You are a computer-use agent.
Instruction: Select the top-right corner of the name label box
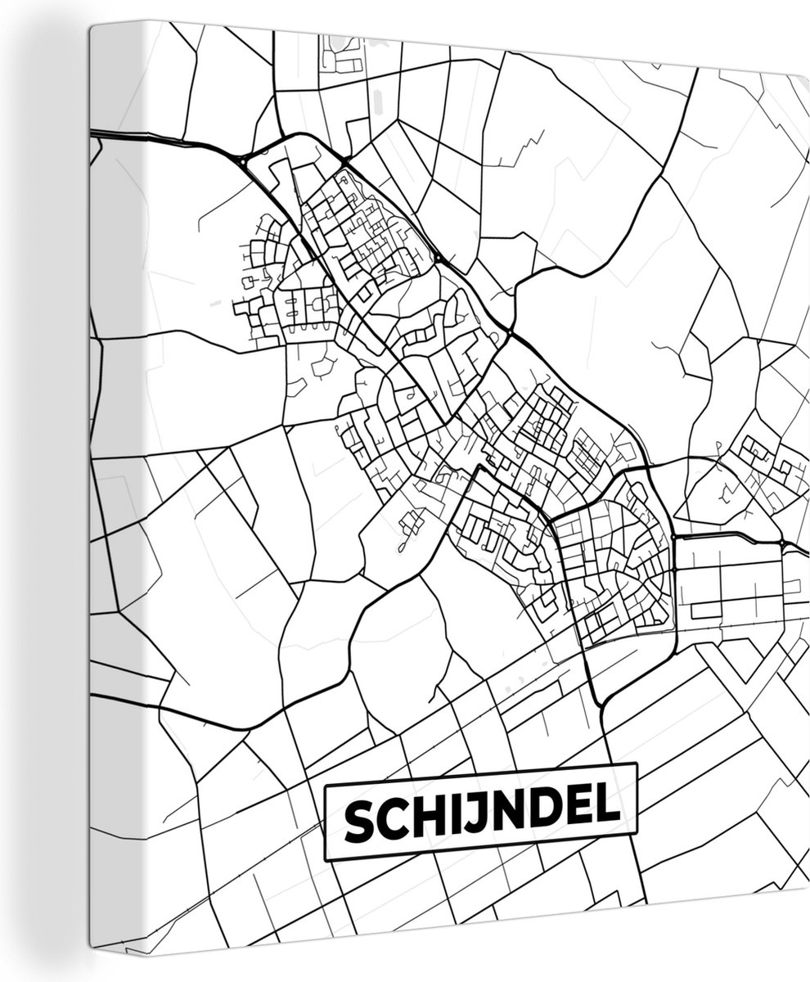[636, 764]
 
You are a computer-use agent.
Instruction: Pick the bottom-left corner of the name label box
[326, 860]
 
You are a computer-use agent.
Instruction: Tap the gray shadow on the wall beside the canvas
[49, 491]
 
